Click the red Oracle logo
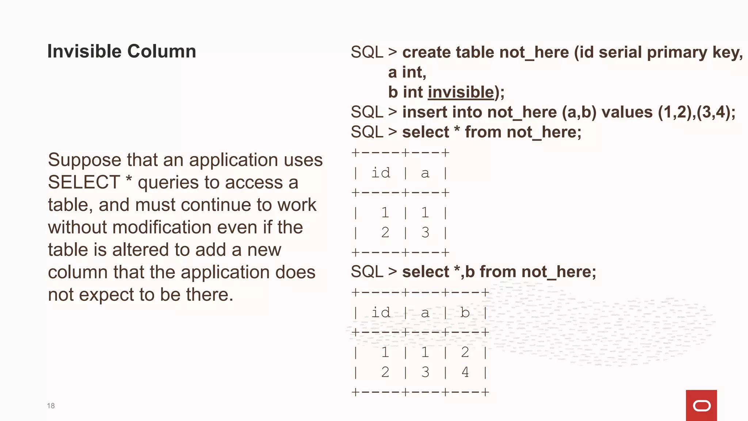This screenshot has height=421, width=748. pos(701,405)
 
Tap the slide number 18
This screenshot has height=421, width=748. pos(51,406)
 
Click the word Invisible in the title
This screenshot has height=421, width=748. pos(84,51)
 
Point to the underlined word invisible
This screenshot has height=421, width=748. pos(461,92)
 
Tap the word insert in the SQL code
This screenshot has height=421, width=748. pos(424,112)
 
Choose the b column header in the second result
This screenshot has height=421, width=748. pos(465,313)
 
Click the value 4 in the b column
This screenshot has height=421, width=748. pos(465,372)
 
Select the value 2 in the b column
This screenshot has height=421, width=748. pos(465,352)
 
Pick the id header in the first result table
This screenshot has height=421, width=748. pos(381,173)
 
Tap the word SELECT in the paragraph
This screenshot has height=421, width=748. pos(84,182)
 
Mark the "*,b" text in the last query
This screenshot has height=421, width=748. pos(464,272)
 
